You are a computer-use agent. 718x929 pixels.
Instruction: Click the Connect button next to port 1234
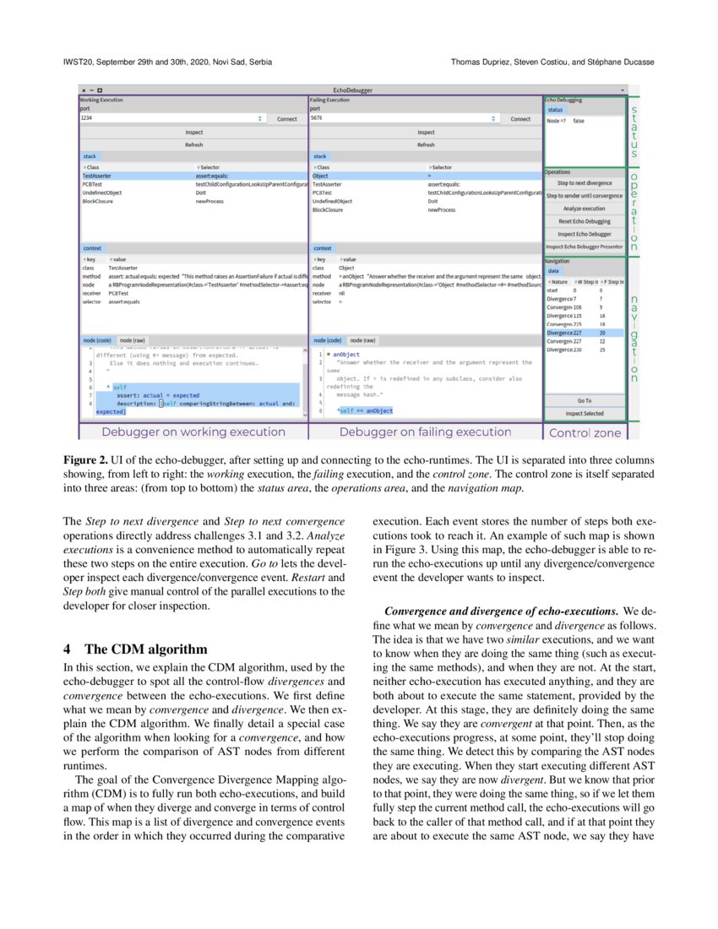point(286,119)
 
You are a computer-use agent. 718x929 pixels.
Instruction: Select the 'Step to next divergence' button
point(585,182)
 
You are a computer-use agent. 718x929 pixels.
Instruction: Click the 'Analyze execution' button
point(585,208)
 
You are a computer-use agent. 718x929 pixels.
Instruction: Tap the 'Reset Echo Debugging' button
point(585,220)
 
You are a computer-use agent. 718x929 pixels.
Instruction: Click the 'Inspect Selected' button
point(585,413)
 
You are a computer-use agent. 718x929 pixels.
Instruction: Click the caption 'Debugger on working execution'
point(193,432)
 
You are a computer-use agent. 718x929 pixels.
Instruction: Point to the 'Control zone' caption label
point(585,432)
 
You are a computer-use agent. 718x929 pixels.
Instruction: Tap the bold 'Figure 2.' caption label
point(87,459)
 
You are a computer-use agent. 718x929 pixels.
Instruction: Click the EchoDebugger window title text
point(352,90)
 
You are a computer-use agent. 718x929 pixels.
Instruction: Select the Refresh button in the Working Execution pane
point(193,144)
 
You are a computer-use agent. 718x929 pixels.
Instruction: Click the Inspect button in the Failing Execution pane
point(426,133)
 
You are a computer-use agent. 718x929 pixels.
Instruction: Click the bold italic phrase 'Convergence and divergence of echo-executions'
point(502,611)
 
